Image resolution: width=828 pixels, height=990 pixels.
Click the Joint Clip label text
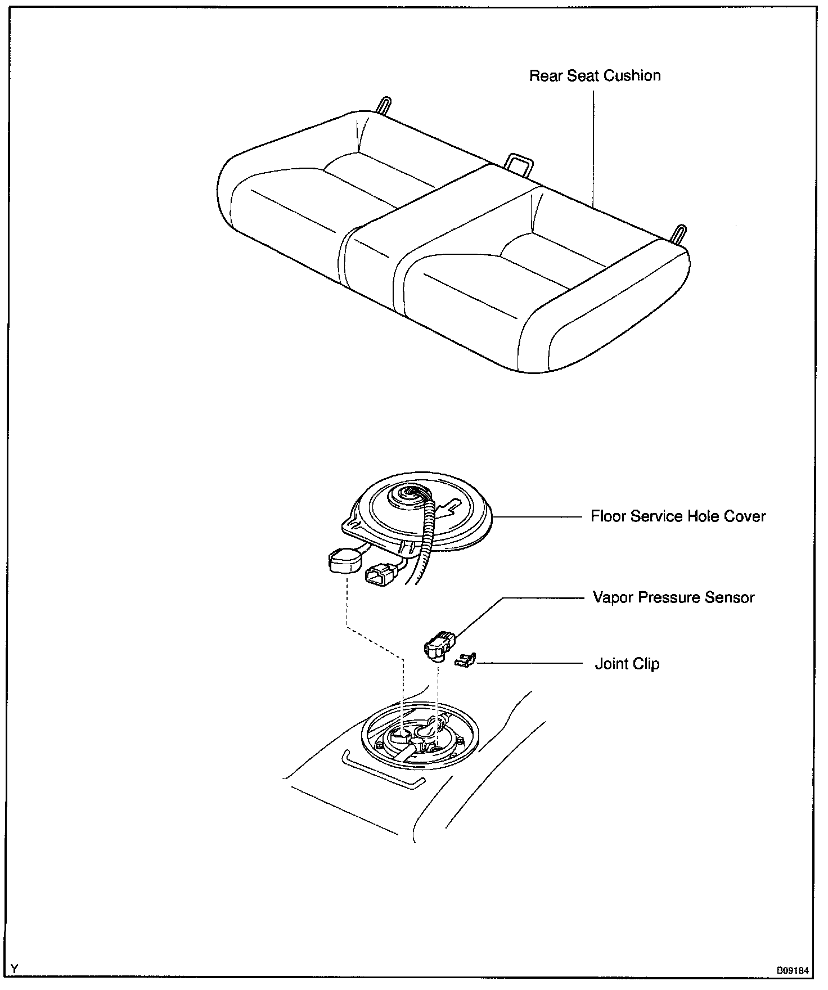pos(627,664)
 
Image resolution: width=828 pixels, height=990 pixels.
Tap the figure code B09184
pos(793,970)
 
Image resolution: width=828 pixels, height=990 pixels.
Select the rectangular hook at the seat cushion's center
pos(520,165)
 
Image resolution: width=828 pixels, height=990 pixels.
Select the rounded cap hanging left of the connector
pos(345,561)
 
